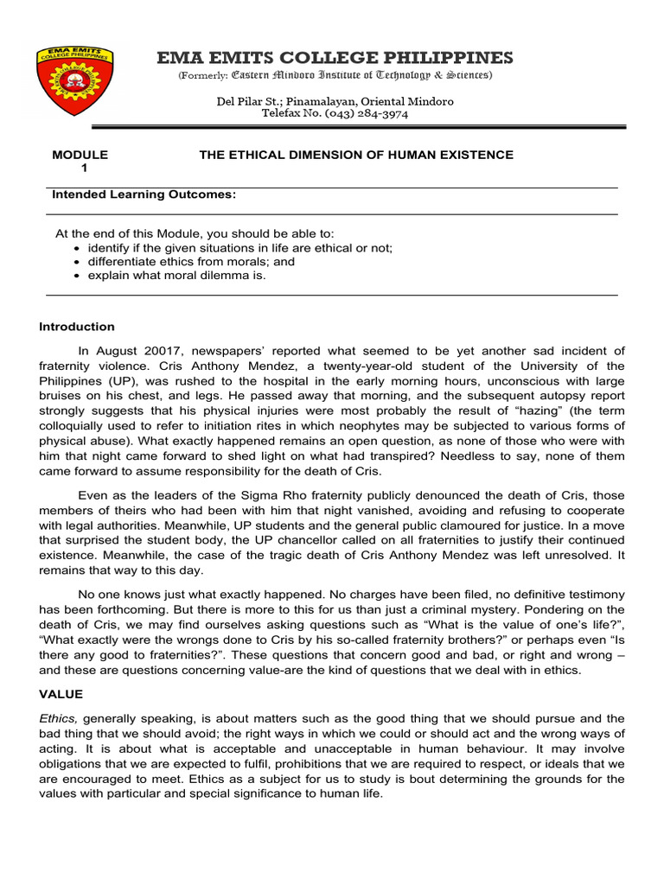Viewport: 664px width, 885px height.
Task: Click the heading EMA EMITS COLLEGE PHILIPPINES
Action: click(x=335, y=58)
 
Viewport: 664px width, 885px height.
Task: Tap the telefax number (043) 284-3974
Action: click(x=367, y=114)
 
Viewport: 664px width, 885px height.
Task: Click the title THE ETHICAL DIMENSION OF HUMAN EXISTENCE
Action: click(x=356, y=155)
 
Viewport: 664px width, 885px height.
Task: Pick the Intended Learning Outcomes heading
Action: click(x=144, y=195)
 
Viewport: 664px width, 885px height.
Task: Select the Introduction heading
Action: click(x=77, y=327)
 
